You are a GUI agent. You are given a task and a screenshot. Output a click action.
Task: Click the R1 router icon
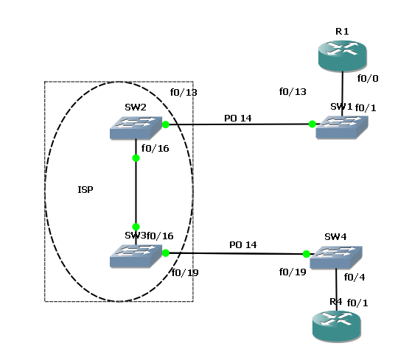343,54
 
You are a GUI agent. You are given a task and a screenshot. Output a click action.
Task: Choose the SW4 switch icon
335,258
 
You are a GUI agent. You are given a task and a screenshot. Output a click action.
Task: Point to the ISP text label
85,190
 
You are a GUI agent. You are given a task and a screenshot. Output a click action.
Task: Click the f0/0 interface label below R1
367,77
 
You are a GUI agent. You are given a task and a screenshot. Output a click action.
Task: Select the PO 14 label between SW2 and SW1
237,116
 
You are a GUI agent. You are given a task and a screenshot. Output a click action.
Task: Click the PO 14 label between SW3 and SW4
242,244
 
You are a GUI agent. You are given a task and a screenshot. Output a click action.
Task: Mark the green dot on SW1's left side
313,124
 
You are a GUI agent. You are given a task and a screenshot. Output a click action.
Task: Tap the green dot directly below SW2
136,158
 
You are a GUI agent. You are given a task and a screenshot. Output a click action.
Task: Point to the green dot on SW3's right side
166,253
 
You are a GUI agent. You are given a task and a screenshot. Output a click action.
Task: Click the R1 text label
342,31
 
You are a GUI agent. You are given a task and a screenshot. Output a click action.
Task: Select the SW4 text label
335,238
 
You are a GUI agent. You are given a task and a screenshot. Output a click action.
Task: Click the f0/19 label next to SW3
184,272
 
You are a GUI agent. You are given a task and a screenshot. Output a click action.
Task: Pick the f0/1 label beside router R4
357,303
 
